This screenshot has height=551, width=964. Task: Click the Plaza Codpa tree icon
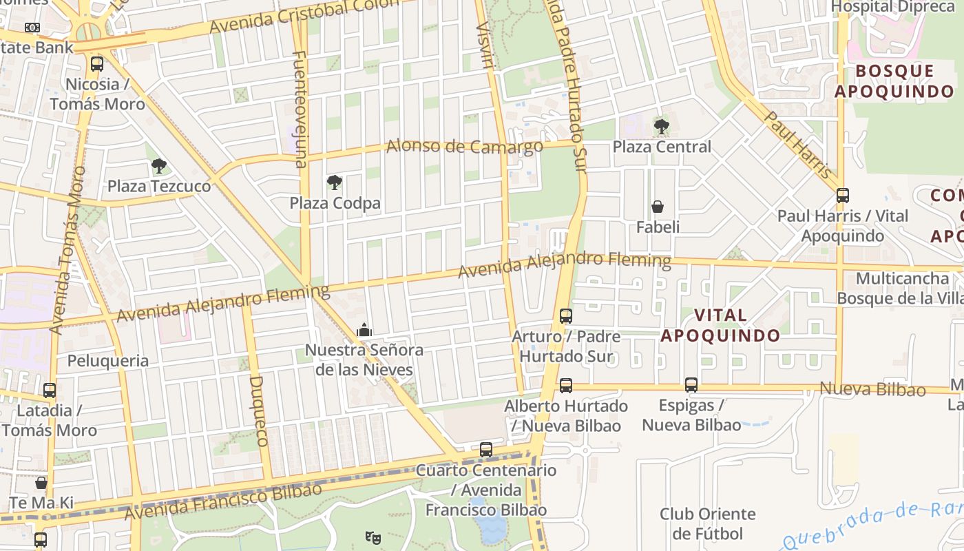click(x=335, y=183)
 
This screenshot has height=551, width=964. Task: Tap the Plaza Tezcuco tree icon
click(x=159, y=166)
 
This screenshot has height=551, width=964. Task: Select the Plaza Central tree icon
click(x=661, y=127)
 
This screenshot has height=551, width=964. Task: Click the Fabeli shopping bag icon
click(x=658, y=207)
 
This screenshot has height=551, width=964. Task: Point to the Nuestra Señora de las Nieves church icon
click(x=364, y=331)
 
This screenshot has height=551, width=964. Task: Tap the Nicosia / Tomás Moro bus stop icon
click(x=97, y=65)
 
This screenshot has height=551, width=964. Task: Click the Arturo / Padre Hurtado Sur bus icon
click(x=565, y=316)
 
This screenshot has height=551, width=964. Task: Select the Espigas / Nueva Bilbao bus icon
click(x=691, y=385)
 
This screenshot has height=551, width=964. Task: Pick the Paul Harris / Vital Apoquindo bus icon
click(x=843, y=195)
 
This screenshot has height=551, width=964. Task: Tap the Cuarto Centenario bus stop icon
click(x=486, y=450)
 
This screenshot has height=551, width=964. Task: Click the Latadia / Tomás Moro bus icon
click(x=49, y=391)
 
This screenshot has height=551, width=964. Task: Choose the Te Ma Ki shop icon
click(x=41, y=483)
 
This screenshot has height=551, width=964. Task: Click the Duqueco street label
click(x=257, y=410)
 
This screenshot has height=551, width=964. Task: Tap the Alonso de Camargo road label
click(x=464, y=146)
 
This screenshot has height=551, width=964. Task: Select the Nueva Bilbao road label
click(x=872, y=389)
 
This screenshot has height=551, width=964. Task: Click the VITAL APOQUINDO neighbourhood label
click(x=720, y=325)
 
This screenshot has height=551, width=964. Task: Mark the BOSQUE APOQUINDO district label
click(x=894, y=81)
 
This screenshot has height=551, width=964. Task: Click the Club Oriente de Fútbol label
click(x=707, y=523)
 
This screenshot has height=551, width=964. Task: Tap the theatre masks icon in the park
click(x=373, y=537)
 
